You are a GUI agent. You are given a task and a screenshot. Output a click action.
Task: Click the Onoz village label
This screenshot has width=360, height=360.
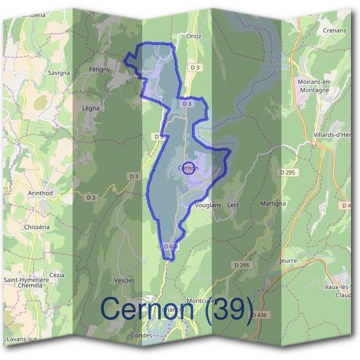point(194,36)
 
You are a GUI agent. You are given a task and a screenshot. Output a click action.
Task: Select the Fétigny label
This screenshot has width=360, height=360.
point(100,70)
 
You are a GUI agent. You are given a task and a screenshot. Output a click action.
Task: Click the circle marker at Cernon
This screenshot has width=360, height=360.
point(188,168)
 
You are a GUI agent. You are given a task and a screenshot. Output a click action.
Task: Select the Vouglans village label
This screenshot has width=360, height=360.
point(208,205)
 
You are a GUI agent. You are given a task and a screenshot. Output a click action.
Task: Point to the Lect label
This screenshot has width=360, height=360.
point(233,205)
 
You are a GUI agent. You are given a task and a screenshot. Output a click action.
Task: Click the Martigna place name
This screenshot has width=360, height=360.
point(273,204)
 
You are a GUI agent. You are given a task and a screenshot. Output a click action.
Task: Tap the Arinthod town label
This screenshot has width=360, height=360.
point(41,193)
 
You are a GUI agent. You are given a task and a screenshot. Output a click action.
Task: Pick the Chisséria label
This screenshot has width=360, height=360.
point(36,227)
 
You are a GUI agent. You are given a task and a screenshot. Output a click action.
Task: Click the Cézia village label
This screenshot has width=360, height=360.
point(57,275)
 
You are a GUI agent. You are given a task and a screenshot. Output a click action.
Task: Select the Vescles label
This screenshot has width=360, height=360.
point(124,280)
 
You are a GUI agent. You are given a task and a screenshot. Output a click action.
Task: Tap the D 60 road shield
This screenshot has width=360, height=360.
point(169,246)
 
